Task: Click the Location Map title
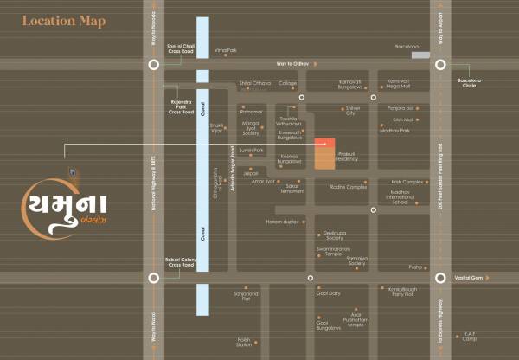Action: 64,21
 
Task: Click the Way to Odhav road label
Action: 294,64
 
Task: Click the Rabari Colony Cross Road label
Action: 183,261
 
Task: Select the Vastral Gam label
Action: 467,278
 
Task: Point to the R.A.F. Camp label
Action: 470,334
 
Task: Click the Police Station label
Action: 244,342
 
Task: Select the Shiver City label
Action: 350,110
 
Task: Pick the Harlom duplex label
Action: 281,222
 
